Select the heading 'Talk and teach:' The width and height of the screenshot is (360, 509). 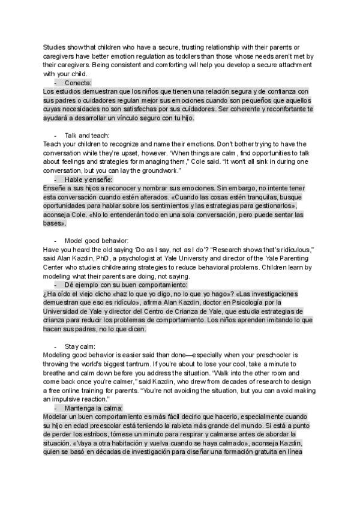click(86, 136)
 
